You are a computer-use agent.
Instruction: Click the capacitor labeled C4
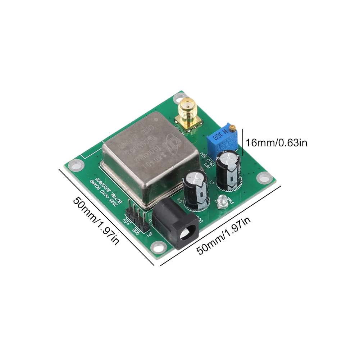click(x=196, y=189)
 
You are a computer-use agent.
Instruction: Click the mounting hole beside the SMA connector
click(x=179, y=97)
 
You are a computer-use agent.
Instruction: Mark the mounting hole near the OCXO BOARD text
click(x=75, y=166)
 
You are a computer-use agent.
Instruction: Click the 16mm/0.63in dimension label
click(x=276, y=143)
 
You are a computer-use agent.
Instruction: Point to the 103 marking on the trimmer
click(x=217, y=137)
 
